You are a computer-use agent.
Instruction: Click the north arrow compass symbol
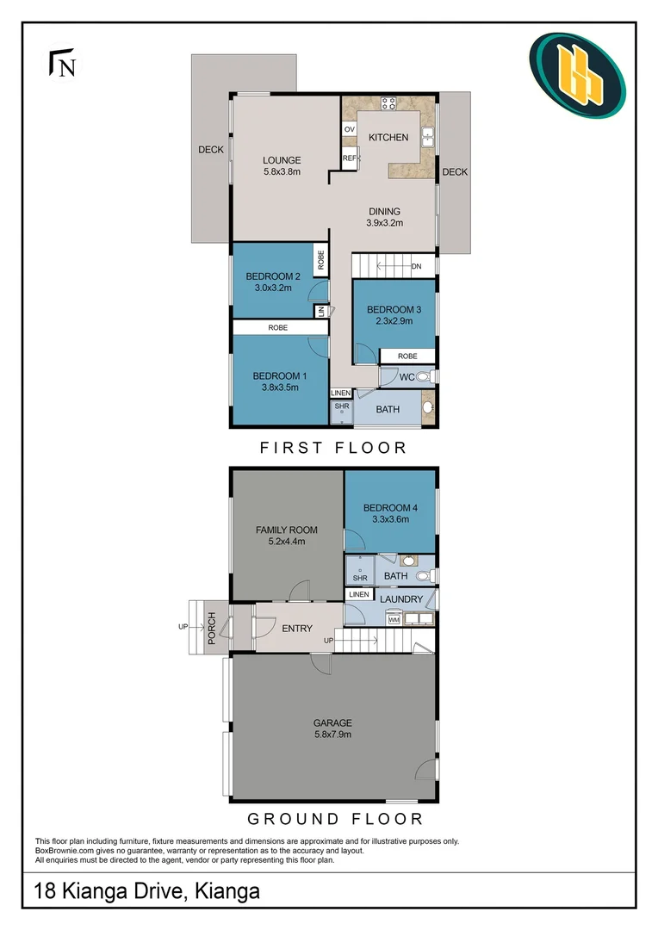(62, 64)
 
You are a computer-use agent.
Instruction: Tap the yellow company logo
(577, 75)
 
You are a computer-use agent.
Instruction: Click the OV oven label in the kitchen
(350, 129)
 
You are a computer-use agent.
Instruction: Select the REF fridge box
(350, 158)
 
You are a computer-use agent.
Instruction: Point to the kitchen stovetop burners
(388, 104)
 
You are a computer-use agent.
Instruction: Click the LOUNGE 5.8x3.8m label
(282, 165)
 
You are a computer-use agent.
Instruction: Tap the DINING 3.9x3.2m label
(385, 217)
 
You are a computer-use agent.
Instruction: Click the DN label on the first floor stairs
(416, 266)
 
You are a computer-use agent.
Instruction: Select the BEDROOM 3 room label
(394, 315)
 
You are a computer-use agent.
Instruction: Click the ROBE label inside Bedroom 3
(407, 356)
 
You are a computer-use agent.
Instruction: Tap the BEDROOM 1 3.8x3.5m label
(280, 381)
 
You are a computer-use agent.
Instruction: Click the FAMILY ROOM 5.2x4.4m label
(287, 536)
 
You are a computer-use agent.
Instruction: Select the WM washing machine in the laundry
(394, 618)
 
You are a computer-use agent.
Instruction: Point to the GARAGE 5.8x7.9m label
(332, 728)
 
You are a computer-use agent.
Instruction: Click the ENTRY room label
(297, 629)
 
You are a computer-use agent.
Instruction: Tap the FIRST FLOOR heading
(332, 448)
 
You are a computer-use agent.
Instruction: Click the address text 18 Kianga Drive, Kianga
(147, 890)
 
